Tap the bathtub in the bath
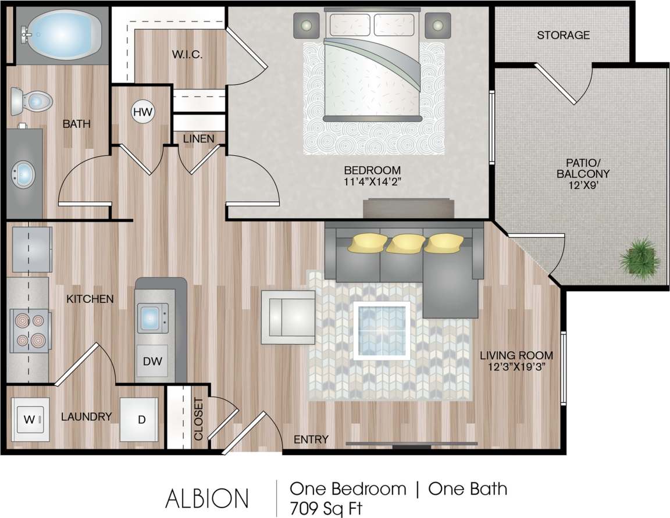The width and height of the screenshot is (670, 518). click(x=56, y=34)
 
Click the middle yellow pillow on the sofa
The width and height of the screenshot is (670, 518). click(x=404, y=243)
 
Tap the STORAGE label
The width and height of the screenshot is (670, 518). click(x=562, y=35)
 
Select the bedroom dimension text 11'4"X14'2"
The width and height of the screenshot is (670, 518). click(x=372, y=181)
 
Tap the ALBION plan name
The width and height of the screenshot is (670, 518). click(x=208, y=498)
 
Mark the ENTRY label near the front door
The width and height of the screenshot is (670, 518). click(x=311, y=440)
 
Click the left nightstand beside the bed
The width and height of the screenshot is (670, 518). click(x=306, y=25)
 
